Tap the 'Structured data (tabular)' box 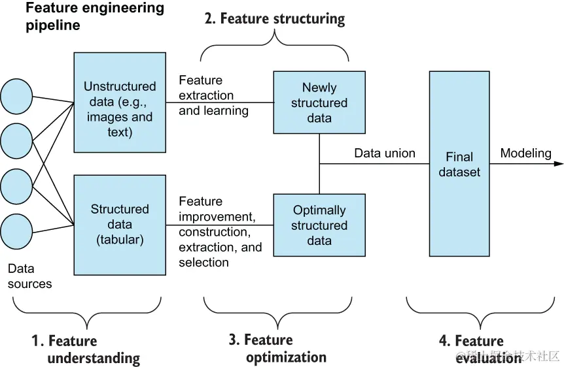click(x=120, y=224)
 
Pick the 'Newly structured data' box click(x=319, y=103)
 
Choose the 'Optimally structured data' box click(x=319, y=225)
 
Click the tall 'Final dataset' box click(x=459, y=164)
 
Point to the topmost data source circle click(x=16, y=96)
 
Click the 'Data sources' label click(x=30, y=276)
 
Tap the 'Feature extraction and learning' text click(x=213, y=95)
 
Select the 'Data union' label click(x=385, y=153)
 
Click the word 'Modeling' click(x=525, y=153)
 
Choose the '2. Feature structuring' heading click(x=274, y=18)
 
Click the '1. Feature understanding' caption click(x=86, y=349)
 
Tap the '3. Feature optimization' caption click(x=277, y=348)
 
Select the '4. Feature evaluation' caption click(x=471, y=349)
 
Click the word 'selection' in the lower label click(x=203, y=263)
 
